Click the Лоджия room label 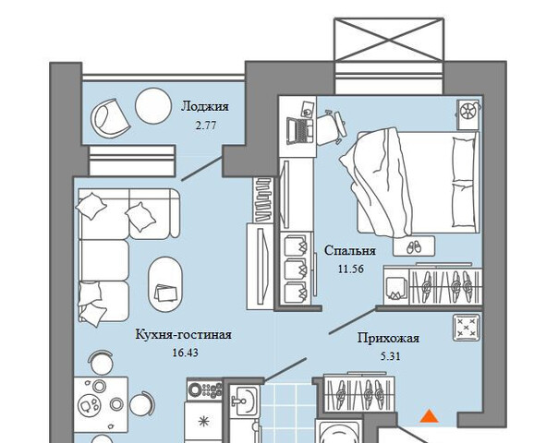pyautogui.click(x=205, y=106)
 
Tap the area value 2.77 pyautogui.click(x=206, y=126)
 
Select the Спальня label pyautogui.click(x=350, y=251)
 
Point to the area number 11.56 pyautogui.click(x=351, y=269)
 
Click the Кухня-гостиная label pyautogui.click(x=184, y=334)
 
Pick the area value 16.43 pyautogui.click(x=185, y=353)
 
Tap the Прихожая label pyautogui.click(x=388, y=339)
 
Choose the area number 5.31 pyautogui.click(x=390, y=356)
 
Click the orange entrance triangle pyautogui.click(x=429, y=416)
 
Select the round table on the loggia pyautogui.click(x=153, y=106)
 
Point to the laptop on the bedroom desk pyautogui.click(x=299, y=131)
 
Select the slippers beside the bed pyautogui.click(x=414, y=246)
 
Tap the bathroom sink pyautogui.click(x=244, y=401)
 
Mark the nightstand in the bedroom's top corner pyautogui.click(x=467, y=114)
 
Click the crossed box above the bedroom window pyautogui.click(x=389, y=40)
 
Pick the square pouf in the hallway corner pyautogui.click(x=467, y=328)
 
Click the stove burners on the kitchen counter pyautogui.click(x=204, y=389)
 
